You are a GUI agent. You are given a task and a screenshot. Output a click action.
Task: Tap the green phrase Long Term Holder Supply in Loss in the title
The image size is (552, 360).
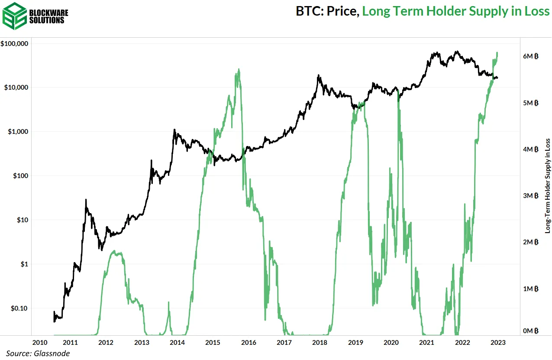(455, 11)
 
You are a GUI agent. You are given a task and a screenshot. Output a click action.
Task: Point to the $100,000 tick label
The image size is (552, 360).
(15, 44)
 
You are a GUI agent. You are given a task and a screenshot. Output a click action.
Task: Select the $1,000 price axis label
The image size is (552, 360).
(18, 132)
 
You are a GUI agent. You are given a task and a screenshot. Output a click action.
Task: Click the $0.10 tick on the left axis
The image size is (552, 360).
(19, 308)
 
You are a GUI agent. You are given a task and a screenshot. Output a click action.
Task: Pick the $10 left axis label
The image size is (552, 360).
(22, 220)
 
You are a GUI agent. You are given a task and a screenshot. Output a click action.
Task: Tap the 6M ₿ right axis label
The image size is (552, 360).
(530, 56)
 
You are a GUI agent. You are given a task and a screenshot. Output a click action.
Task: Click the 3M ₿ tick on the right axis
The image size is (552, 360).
(530, 196)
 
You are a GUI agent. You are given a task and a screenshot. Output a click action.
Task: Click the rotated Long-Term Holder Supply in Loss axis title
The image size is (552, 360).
(547, 186)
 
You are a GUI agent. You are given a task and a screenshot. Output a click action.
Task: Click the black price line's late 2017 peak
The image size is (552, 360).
(319, 75)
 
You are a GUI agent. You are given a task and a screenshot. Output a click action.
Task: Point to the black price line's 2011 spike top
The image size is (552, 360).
(86, 200)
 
